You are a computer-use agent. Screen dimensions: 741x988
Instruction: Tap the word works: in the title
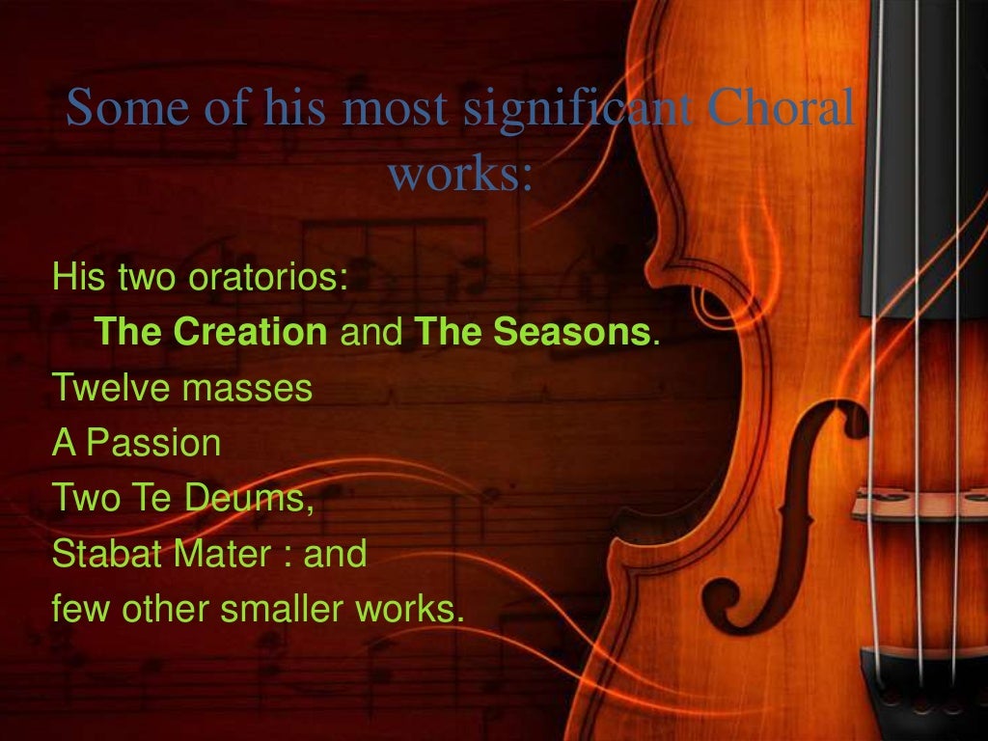click(460, 175)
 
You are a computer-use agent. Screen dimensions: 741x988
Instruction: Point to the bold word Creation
click(251, 334)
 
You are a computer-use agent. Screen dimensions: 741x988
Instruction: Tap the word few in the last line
click(77, 610)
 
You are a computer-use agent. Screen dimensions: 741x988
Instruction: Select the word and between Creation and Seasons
click(370, 334)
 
